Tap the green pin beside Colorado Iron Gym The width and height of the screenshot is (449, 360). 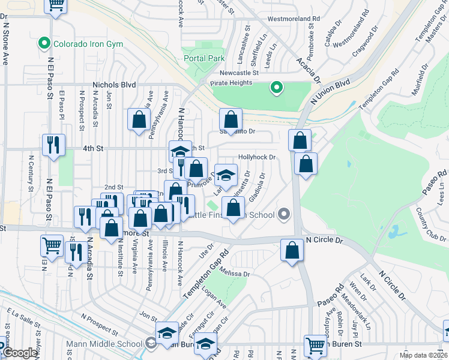(43, 43)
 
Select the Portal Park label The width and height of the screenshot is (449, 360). (205, 58)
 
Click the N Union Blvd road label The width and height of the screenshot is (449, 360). (330, 93)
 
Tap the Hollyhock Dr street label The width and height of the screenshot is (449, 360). (256, 157)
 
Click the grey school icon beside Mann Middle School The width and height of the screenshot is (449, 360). (151, 343)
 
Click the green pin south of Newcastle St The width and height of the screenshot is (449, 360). (276, 88)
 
